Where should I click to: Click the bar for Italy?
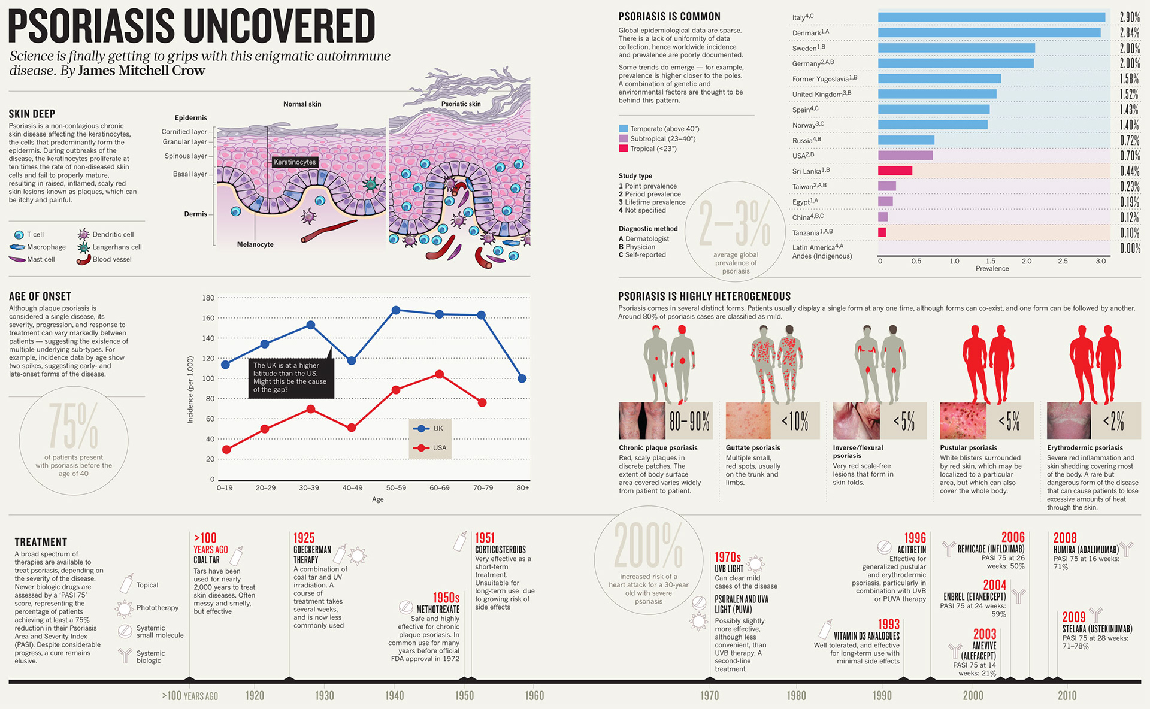(x=991, y=17)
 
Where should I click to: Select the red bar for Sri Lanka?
(x=895, y=171)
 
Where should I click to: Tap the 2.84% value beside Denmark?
(x=1130, y=32)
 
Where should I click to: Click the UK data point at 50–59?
(x=396, y=310)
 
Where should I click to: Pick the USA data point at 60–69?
(x=440, y=374)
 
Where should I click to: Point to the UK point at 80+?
(x=522, y=378)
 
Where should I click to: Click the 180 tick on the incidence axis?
(x=208, y=298)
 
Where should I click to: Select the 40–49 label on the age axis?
(x=352, y=488)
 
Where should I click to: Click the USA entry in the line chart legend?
(x=439, y=448)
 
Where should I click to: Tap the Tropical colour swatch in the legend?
(x=623, y=149)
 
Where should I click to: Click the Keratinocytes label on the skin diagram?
(x=294, y=162)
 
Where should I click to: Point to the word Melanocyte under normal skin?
(x=255, y=244)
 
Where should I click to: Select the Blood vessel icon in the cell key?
(x=83, y=260)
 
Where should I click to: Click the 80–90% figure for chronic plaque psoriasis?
(x=689, y=422)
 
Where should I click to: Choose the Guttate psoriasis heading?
(x=753, y=447)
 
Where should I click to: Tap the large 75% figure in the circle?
(x=73, y=426)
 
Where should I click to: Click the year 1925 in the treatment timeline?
(x=304, y=538)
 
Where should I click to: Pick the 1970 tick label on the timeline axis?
(x=710, y=695)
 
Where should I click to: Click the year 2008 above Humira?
(x=1065, y=538)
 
